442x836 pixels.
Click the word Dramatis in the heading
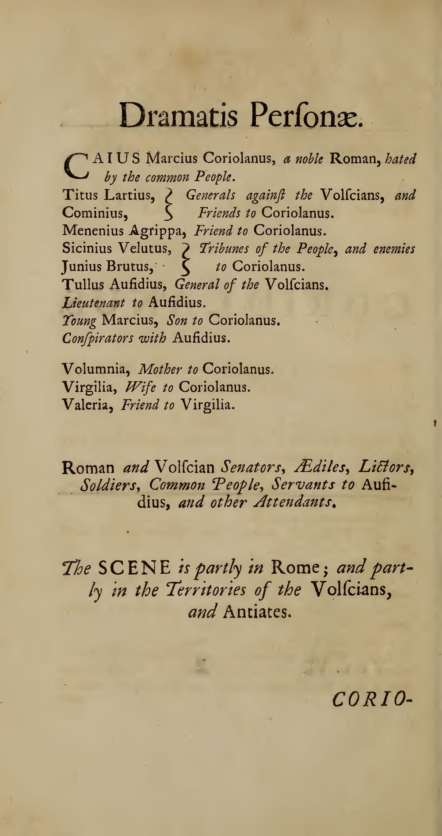pyautogui.click(x=179, y=115)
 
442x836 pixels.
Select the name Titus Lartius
pyautogui.click(x=108, y=195)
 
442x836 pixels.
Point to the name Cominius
pyautogui.click(x=95, y=213)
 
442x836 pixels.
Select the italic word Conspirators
pyautogui.click(x=98, y=338)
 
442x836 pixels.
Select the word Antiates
pyautogui.click(x=257, y=611)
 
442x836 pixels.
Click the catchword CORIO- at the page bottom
pyautogui.click(x=372, y=699)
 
